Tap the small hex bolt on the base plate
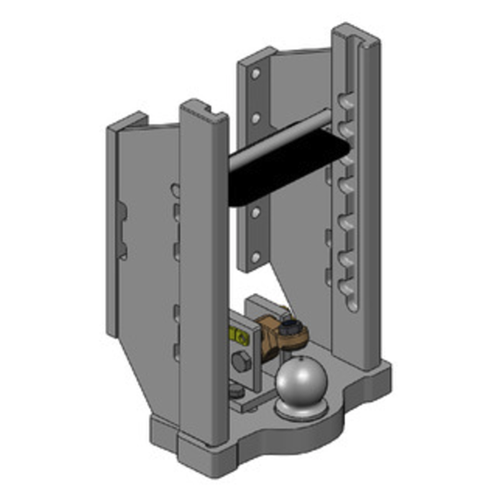pyautogui.click(x=234, y=391)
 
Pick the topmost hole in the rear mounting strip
pyautogui.click(x=255, y=74)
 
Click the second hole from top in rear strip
pyautogui.click(x=255, y=116)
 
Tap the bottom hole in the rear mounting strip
pyautogui.click(x=254, y=256)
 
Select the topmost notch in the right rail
pyautogui.click(x=345, y=100)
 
